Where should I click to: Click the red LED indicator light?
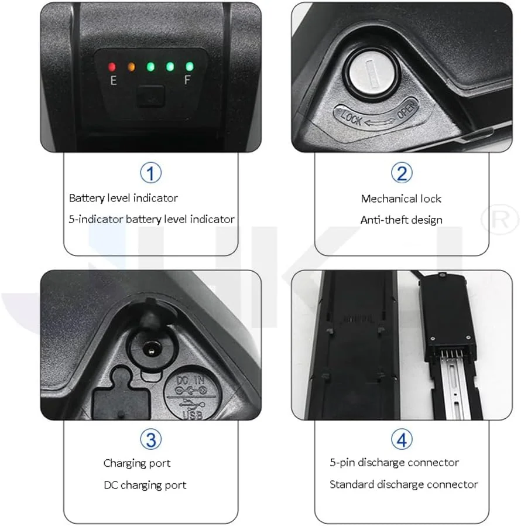(112, 67)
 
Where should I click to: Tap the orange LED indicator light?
(132, 67)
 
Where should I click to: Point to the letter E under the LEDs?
(114, 80)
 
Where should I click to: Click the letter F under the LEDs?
(187, 80)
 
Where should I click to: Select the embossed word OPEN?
(407, 110)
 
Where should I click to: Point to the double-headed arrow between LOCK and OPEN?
(379, 122)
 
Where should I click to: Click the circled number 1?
(150, 173)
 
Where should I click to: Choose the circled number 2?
(402, 173)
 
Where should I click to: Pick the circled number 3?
(150, 440)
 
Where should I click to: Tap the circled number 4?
(402, 440)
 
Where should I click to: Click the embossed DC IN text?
(190, 380)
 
